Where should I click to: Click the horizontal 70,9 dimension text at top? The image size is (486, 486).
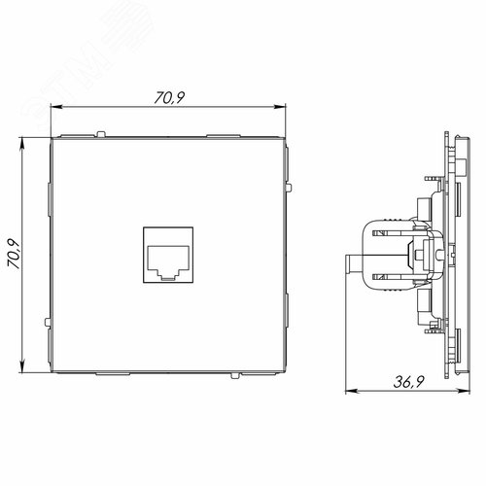click(168, 98)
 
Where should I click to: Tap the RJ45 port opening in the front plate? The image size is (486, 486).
click(168, 259)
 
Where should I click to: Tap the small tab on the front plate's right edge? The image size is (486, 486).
click(290, 184)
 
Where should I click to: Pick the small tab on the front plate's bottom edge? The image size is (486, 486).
click(235, 380)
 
